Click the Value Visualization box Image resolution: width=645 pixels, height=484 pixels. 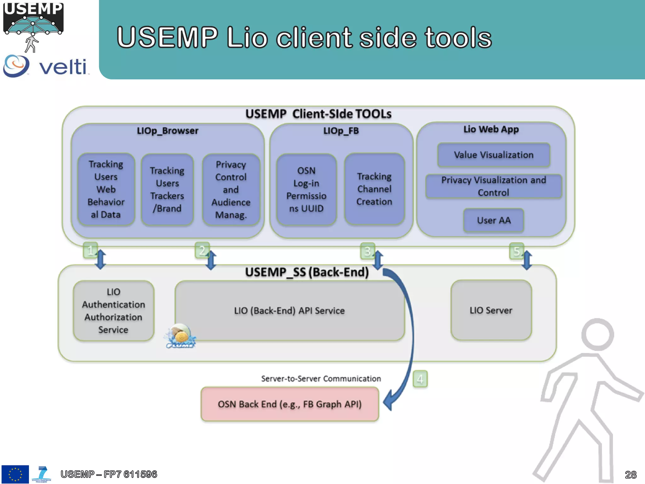(x=494, y=155)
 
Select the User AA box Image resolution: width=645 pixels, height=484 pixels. (x=494, y=220)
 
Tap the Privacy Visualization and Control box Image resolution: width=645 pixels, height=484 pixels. (x=494, y=186)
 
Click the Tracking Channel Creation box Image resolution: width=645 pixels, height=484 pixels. (x=374, y=189)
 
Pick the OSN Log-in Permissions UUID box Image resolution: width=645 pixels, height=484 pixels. (x=306, y=189)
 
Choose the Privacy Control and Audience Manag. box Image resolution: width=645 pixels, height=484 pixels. (x=231, y=189)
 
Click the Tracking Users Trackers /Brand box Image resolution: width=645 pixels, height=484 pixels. (x=167, y=189)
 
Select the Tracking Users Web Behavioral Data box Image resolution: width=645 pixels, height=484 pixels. (x=106, y=189)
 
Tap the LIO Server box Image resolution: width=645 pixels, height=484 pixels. (x=491, y=310)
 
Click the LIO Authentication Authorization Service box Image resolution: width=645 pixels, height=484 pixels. (x=113, y=311)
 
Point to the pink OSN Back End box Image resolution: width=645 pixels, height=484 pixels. (x=290, y=404)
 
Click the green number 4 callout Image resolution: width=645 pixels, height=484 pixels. (x=420, y=379)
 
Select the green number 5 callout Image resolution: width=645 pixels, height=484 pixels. (x=516, y=251)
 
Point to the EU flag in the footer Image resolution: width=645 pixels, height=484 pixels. (x=15, y=474)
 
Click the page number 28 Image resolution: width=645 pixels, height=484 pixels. (x=631, y=475)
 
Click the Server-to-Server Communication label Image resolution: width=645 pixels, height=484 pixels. (x=321, y=378)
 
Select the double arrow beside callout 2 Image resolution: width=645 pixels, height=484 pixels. (x=211, y=260)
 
